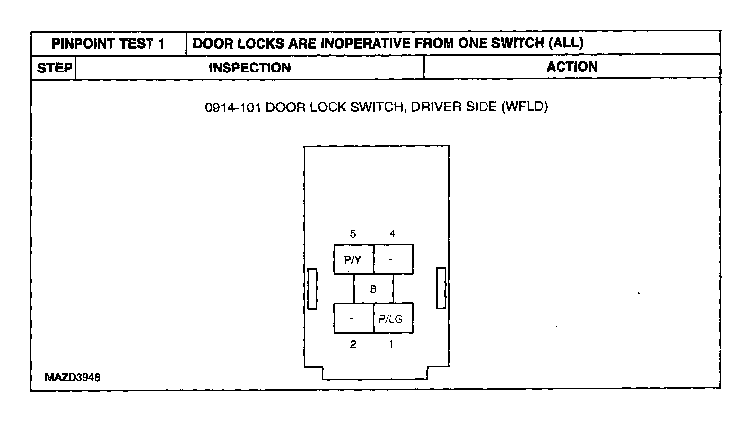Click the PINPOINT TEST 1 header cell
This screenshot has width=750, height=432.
pos(108,44)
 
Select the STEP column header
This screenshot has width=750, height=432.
pos(54,68)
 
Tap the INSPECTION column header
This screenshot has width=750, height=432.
pos(250,68)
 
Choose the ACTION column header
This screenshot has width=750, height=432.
pos(571,67)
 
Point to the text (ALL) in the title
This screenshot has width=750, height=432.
pos(565,43)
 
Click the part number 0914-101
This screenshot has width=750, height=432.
pos(232,107)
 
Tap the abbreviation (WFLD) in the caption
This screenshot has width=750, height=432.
pos(525,107)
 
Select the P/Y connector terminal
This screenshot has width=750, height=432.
pos(353,259)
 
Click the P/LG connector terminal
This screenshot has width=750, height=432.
pos(393,319)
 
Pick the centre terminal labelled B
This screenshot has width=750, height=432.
pos(374,289)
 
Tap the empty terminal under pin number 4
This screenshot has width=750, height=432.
pos(393,259)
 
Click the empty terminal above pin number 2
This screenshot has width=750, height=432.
pos(353,319)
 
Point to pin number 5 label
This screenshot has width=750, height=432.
pos(353,234)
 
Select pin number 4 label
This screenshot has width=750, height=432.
pos(392,234)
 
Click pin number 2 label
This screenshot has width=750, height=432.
pos(353,345)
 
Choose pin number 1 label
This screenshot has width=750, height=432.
pos(391,345)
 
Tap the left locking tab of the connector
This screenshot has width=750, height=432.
pos(312,289)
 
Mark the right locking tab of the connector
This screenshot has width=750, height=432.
pos(441,288)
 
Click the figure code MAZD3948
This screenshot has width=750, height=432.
pos(73,378)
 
